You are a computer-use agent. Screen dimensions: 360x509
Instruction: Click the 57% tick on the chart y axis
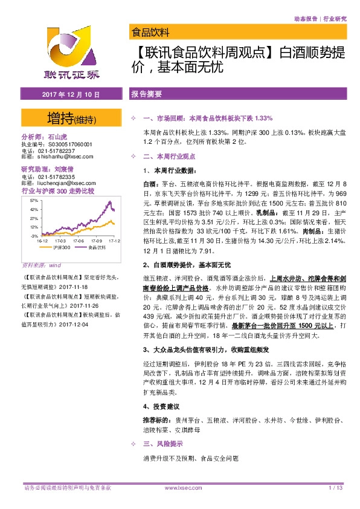[34, 200]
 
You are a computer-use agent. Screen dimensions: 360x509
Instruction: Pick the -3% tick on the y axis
[34, 235]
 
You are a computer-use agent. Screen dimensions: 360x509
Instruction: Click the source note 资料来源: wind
[42, 265]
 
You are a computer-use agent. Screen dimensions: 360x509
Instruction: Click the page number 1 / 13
[336, 487]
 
